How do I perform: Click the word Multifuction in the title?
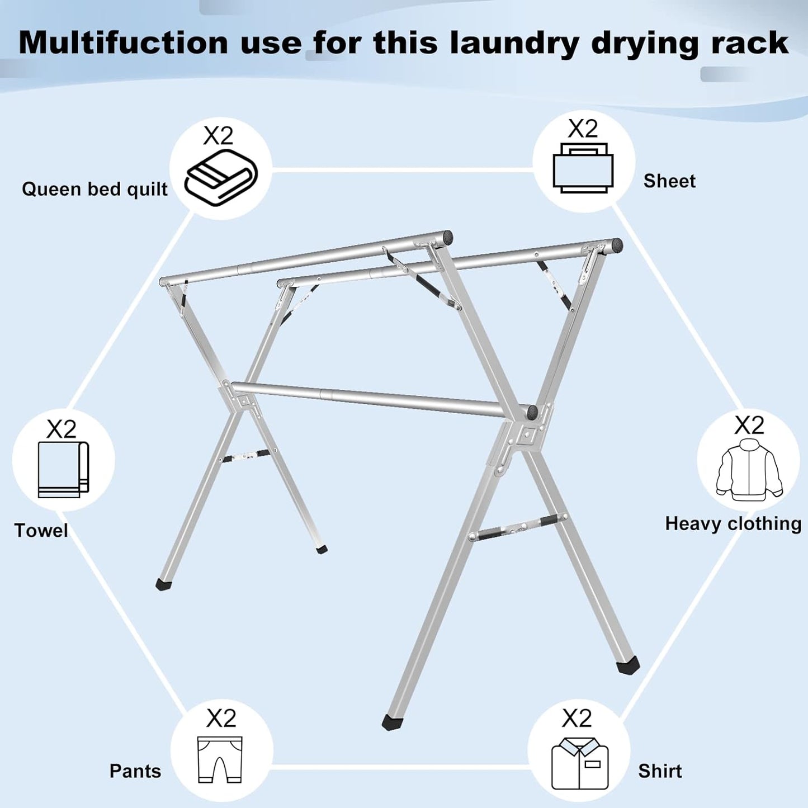pos(123,42)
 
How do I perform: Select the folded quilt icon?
pos(221,177)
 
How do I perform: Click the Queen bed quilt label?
pos(94,190)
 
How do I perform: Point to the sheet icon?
pos(583,168)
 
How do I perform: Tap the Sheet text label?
pos(669,181)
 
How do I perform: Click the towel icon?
pos(63,470)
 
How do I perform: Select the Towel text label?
pos(41,531)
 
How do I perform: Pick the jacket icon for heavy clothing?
pos(749,470)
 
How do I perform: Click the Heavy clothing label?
pos(733,524)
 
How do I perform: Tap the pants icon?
pos(220,760)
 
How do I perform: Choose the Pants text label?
pos(135,771)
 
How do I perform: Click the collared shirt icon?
pos(580,764)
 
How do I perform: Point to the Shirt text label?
pos(660,771)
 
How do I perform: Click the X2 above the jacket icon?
pos(749,426)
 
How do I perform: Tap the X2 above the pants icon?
pos(221,718)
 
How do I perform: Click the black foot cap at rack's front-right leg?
pos(627,665)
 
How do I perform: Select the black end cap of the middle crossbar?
pos(531,413)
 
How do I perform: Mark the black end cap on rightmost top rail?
pos(616,245)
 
